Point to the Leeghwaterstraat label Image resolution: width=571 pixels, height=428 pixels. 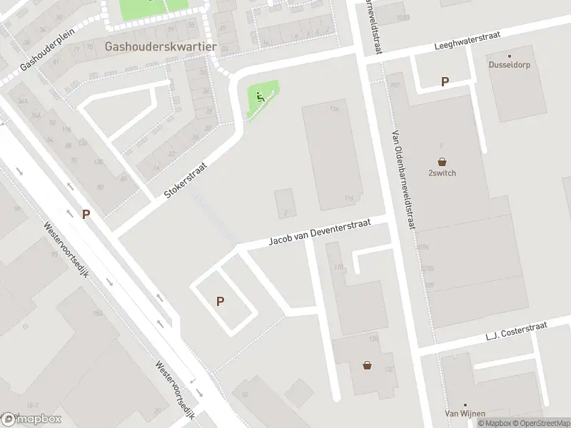(468, 41)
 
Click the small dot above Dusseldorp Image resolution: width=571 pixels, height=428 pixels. (510, 56)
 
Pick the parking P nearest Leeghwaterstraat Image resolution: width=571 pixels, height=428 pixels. (445, 82)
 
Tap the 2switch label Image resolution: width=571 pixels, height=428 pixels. (442, 173)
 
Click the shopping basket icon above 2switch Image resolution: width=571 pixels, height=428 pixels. (442, 162)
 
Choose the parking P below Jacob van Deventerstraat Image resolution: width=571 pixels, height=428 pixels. (221, 302)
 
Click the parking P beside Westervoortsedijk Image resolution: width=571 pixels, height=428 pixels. (86, 214)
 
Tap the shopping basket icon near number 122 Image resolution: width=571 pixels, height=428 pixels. (367, 365)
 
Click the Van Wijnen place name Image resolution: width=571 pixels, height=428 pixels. (465, 413)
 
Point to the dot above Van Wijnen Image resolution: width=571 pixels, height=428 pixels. (465, 403)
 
